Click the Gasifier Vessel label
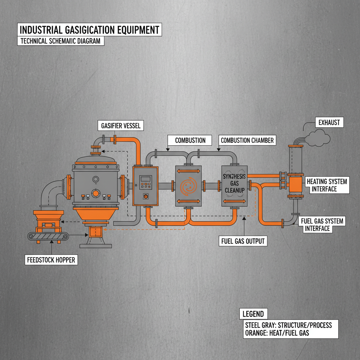[x=120, y=126]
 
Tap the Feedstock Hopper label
[x=51, y=260]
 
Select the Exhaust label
[x=329, y=123]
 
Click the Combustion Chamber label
[x=247, y=140]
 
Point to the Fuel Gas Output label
[x=243, y=241]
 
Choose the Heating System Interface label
[x=327, y=185]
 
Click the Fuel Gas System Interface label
[x=322, y=225]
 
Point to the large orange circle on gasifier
[x=95, y=194]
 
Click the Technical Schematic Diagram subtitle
[x=60, y=41]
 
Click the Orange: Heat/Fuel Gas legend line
[x=276, y=333]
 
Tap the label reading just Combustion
[x=190, y=140]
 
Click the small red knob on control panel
[x=145, y=197]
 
